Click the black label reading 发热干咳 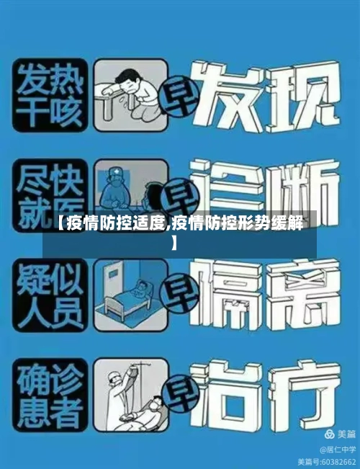tap(49, 96)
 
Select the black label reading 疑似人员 tap(49, 292)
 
